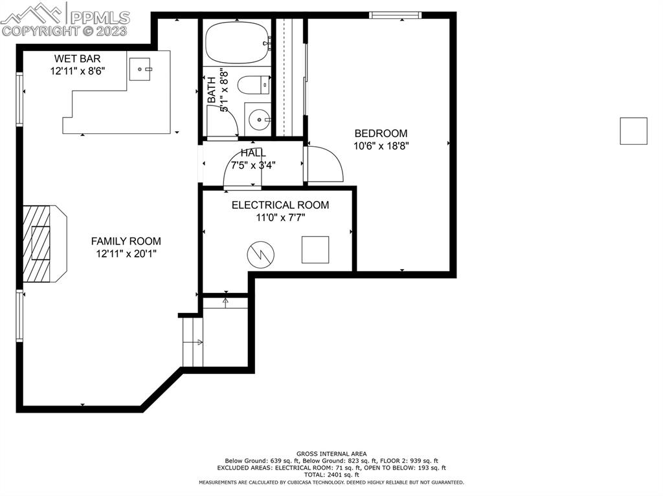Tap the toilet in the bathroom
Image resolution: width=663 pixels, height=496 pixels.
(x=253, y=85)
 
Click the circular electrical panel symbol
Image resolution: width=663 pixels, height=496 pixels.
(x=260, y=254)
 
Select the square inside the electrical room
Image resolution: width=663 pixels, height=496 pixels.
(x=315, y=250)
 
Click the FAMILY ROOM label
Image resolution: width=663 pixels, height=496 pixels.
(x=126, y=241)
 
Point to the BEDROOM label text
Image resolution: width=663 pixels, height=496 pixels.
(x=380, y=133)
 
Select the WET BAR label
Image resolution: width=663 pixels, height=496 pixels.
(x=77, y=59)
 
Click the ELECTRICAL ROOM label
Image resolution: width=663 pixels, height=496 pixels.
(x=280, y=205)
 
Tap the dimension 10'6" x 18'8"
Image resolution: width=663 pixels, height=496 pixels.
(x=381, y=146)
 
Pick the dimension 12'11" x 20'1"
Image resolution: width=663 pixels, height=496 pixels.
(x=126, y=254)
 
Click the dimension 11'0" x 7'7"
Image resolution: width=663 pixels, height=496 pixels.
(x=280, y=218)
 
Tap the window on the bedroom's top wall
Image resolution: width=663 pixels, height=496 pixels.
(x=395, y=15)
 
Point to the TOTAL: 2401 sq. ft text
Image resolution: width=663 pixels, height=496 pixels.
(x=331, y=475)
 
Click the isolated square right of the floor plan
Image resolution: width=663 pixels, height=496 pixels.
(x=633, y=131)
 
